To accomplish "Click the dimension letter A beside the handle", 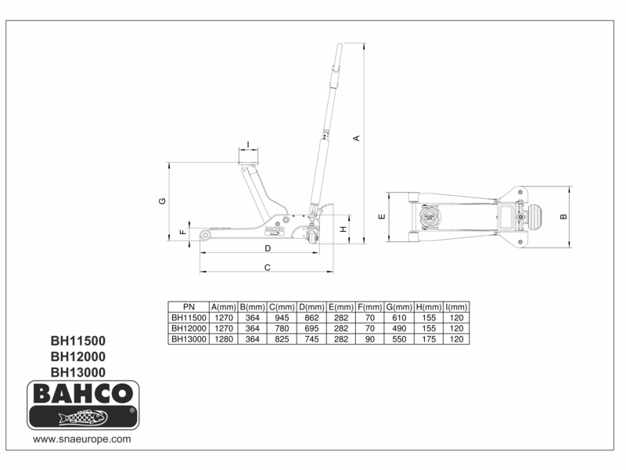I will [x=357, y=139].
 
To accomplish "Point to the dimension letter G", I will [x=162, y=201].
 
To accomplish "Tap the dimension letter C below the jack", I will [x=267, y=267].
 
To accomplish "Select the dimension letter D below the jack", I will [x=267, y=248].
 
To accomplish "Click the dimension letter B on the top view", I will [x=563, y=216].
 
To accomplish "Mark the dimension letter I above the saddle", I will [x=248, y=144].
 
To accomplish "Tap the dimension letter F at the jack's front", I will [x=182, y=233].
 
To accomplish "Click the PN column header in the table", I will [x=189, y=306].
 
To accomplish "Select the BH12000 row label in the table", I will [x=189, y=328].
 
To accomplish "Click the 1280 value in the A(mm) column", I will [x=225, y=339].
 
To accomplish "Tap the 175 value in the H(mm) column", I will [x=428, y=339].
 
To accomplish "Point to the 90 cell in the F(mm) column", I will [x=370, y=339].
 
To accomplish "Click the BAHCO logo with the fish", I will [x=83, y=405].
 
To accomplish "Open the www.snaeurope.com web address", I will [x=81, y=440].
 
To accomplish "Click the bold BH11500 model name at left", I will [x=77, y=342].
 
